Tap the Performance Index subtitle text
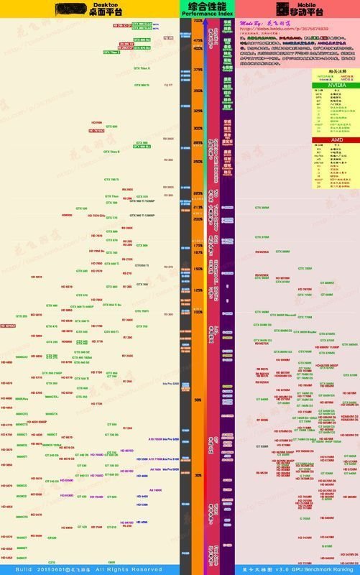pyautogui.click(x=208, y=14)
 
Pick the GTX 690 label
pyautogui.click(x=111, y=126)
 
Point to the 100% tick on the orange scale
pyautogui.click(x=197, y=313)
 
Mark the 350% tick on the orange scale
pyautogui.click(x=197, y=91)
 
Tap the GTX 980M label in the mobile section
pyautogui.click(x=263, y=208)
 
